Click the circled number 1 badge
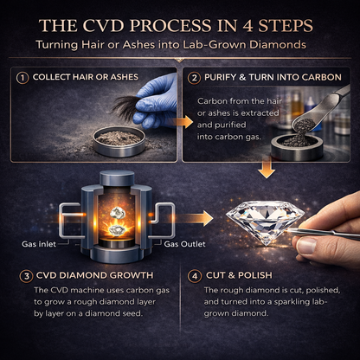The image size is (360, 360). click(22, 78)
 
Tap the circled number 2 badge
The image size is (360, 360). click(194, 78)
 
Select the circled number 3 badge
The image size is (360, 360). click(26, 276)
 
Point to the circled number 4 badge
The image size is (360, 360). click(195, 276)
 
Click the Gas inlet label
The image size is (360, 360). click(39, 244)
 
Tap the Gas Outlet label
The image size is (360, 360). click(184, 244)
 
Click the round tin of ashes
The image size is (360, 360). click(119, 142)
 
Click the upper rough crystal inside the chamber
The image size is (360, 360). click(117, 213)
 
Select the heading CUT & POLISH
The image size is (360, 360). click(239, 275)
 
